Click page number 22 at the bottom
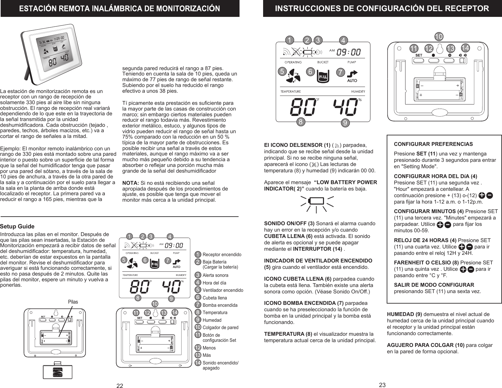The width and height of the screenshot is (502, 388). (x=120, y=386)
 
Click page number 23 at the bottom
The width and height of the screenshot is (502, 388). (x=383, y=385)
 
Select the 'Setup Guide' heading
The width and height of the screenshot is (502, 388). (x=17, y=226)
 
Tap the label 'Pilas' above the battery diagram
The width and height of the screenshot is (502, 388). (x=73, y=302)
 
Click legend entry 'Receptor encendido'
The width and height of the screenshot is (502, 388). (x=222, y=255)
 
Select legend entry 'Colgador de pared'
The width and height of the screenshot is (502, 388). (x=220, y=327)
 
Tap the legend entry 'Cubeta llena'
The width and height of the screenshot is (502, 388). (x=215, y=298)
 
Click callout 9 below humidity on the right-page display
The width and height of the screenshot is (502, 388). (x=345, y=122)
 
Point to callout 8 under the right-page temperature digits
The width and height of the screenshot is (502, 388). (x=299, y=121)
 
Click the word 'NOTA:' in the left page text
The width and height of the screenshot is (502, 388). (x=131, y=183)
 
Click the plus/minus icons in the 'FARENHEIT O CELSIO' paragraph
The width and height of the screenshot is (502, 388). (x=467, y=269)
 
